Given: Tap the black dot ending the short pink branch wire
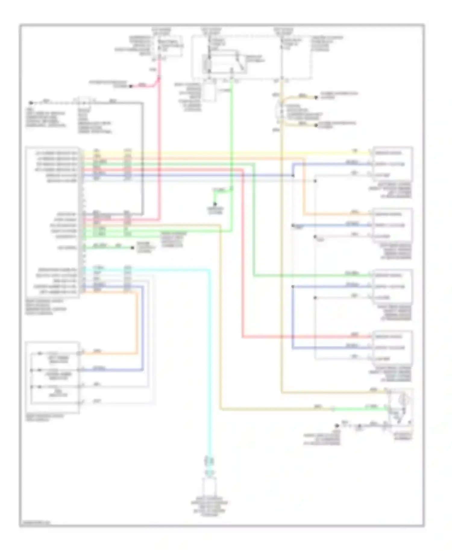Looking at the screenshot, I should pos(131,87).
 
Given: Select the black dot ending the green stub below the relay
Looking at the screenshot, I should pos(215,204).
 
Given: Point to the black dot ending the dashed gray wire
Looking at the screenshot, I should pos(31,103).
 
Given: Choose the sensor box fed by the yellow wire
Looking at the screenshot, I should pos(392,164).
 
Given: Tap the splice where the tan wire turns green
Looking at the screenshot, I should pos(333,409).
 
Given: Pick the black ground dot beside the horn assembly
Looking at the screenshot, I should pos(337,426).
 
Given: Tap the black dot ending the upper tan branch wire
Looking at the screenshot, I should pos(316,97).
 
